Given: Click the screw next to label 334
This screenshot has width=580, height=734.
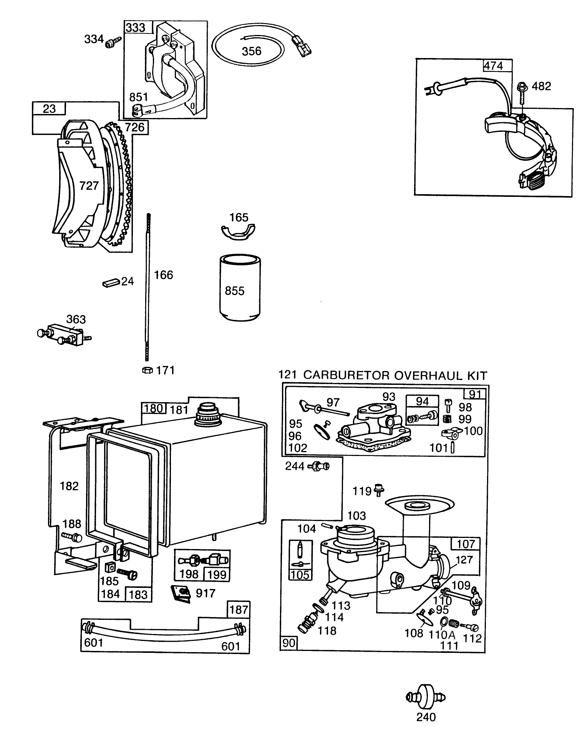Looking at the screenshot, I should [113, 40].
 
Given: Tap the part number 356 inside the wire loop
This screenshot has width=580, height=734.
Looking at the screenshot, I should [252, 51].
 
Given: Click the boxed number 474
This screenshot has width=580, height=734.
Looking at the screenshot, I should [493, 66].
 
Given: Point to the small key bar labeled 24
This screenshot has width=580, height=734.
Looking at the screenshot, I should [111, 283].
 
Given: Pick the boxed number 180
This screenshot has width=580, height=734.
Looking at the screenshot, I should [154, 408].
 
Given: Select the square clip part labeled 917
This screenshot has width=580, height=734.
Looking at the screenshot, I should [181, 593].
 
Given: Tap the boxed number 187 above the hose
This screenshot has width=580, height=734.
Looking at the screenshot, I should [239, 609].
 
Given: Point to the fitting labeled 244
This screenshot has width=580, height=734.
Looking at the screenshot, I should [319, 466].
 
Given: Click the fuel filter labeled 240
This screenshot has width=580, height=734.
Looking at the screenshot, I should [426, 697].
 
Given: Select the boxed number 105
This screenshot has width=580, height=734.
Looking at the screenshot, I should [300, 574].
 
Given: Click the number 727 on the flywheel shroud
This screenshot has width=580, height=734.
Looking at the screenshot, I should [89, 186].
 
